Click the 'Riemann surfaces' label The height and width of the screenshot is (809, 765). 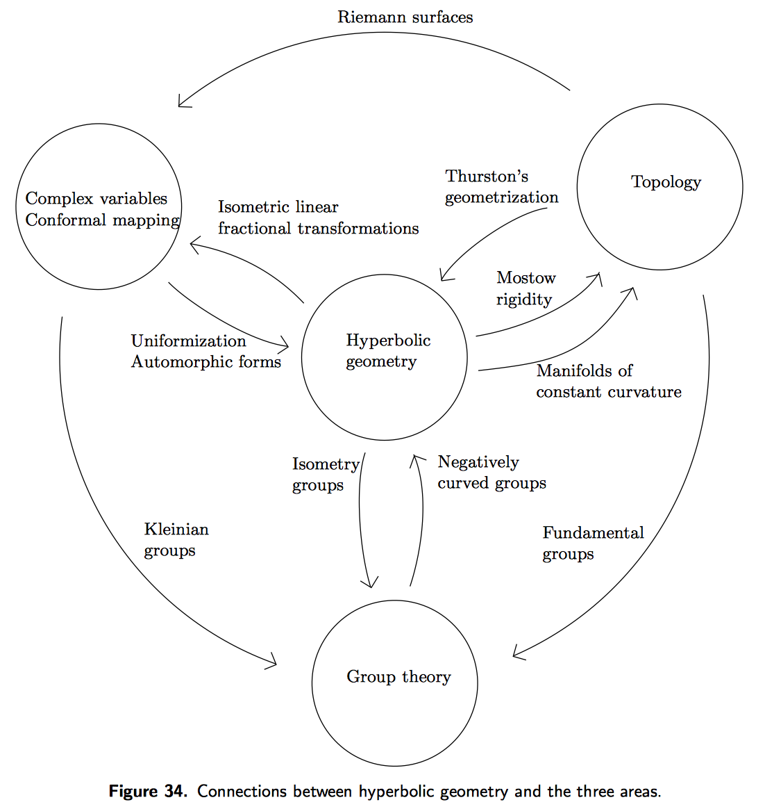(x=405, y=17)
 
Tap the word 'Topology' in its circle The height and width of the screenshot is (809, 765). (x=666, y=182)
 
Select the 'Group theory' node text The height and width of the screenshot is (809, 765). (x=398, y=677)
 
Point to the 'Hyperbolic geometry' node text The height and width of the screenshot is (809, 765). (x=388, y=351)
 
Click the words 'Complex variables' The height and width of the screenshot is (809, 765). (x=96, y=199)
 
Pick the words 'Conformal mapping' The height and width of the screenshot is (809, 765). (x=102, y=220)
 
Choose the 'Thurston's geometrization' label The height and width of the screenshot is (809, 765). (x=501, y=187)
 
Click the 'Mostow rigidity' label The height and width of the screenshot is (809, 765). (x=526, y=288)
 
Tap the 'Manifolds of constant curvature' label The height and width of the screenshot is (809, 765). (x=608, y=381)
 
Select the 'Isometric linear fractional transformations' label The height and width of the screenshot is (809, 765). (x=318, y=218)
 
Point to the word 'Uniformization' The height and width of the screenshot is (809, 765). (x=188, y=341)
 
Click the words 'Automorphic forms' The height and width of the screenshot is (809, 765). (x=205, y=362)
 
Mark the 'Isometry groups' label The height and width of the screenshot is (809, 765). (x=325, y=475)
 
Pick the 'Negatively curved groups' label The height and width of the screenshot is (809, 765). (x=491, y=473)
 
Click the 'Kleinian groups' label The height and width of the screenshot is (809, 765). (x=176, y=540)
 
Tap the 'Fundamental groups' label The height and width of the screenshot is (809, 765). (x=593, y=544)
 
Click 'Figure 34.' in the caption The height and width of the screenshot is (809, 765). (x=148, y=792)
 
